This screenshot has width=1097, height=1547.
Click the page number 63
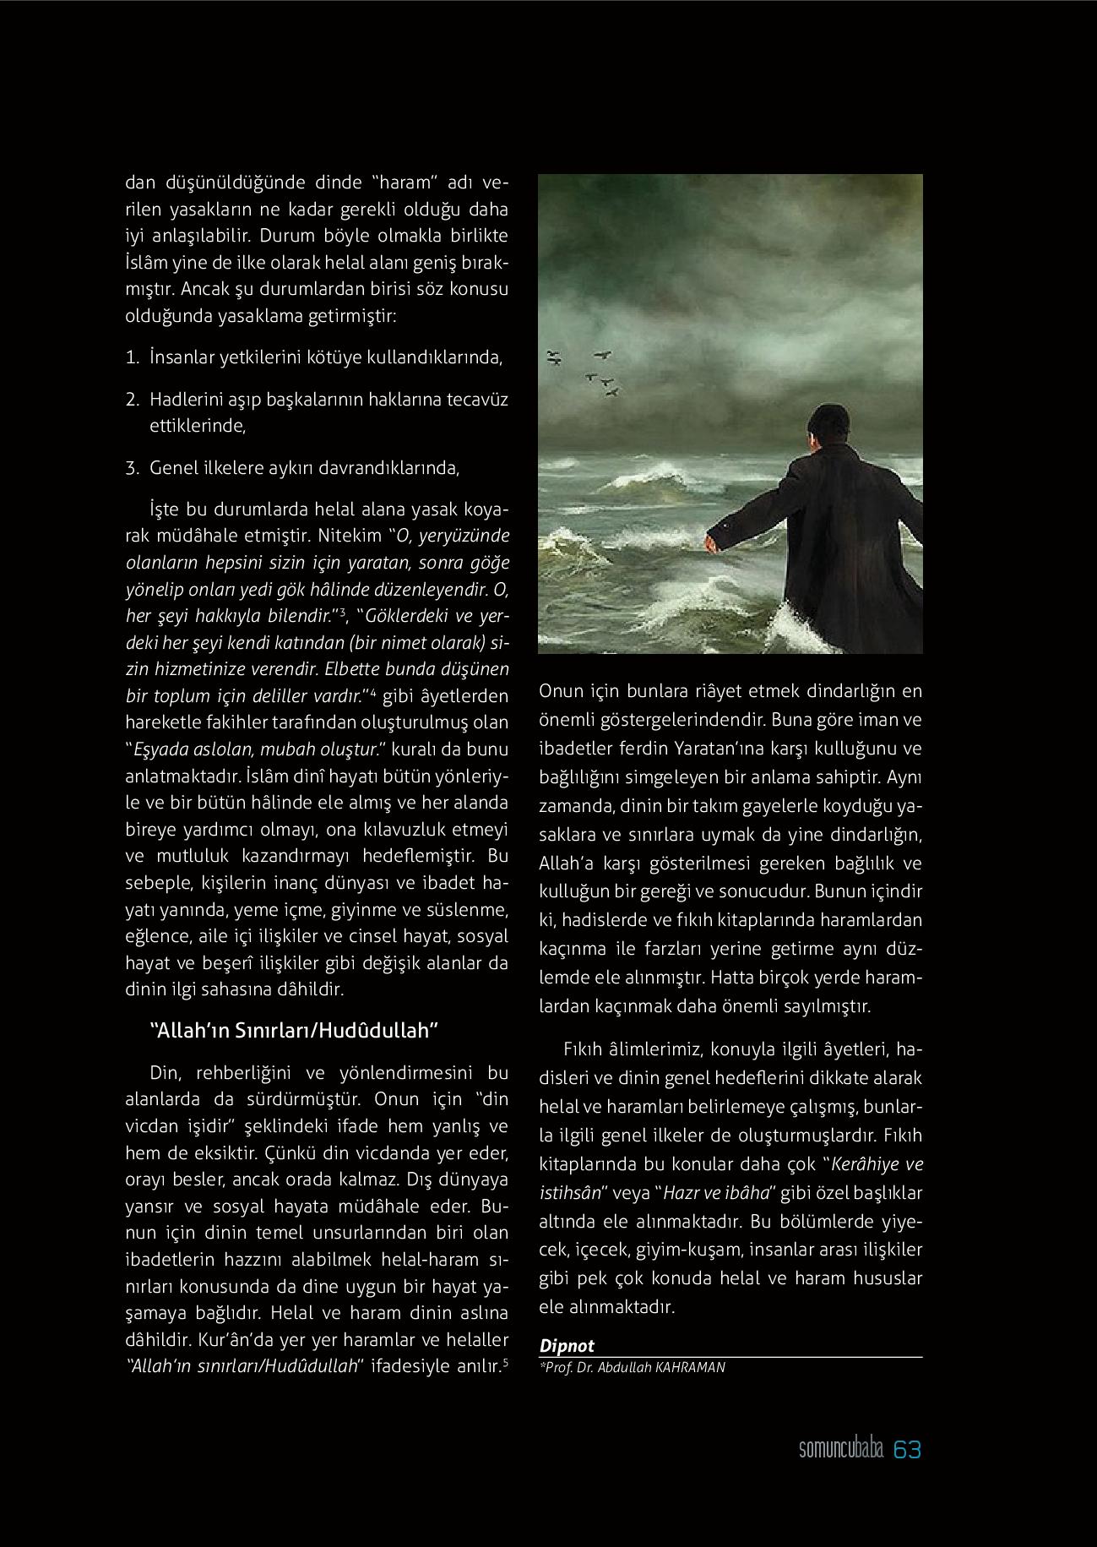click(907, 1450)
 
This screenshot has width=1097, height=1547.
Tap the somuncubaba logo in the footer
click(840, 1450)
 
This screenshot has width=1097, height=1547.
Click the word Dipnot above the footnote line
click(567, 1346)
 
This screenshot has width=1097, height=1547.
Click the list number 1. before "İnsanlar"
click(132, 357)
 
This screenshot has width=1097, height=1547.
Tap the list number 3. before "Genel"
click(132, 468)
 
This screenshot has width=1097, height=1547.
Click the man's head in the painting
click(827, 425)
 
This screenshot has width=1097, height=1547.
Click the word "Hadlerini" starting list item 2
click(183, 400)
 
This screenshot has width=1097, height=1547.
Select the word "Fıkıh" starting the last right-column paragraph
click(583, 1049)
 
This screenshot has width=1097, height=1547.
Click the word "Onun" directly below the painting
click(561, 691)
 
